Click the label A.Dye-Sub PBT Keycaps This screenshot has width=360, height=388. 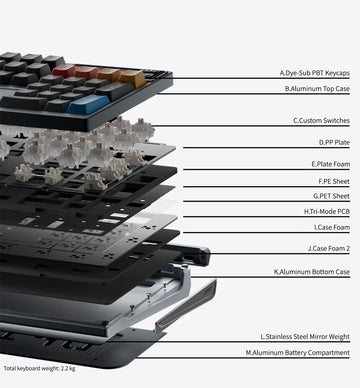(x=315, y=73)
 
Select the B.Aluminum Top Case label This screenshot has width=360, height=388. (x=317, y=89)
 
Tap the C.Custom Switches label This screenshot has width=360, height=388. (x=321, y=121)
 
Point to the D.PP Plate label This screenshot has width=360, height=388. (x=334, y=143)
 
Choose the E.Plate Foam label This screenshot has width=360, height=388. (x=331, y=164)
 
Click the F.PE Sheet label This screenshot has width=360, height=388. (x=334, y=181)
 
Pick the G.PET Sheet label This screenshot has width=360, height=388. (x=331, y=196)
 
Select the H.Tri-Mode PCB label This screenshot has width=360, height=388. (x=327, y=212)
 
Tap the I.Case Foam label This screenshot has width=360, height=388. (x=332, y=227)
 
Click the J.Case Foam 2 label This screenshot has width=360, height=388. (x=329, y=248)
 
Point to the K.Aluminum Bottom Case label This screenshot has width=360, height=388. (x=312, y=272)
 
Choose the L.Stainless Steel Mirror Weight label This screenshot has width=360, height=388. (x=305, y=337)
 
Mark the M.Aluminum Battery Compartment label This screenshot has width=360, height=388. (x=298, y=352)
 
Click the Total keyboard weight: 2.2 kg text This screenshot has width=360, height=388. (x=39, y=368)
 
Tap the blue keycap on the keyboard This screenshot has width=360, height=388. (x=89, y=104)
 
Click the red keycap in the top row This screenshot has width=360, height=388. (x=64, y=71)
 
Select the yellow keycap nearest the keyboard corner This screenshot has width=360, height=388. (x=133, y=78)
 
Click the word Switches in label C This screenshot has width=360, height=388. (x=336, y=121)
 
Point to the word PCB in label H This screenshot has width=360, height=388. (x=344, y=212)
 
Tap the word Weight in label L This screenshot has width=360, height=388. (x=339, y=337)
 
